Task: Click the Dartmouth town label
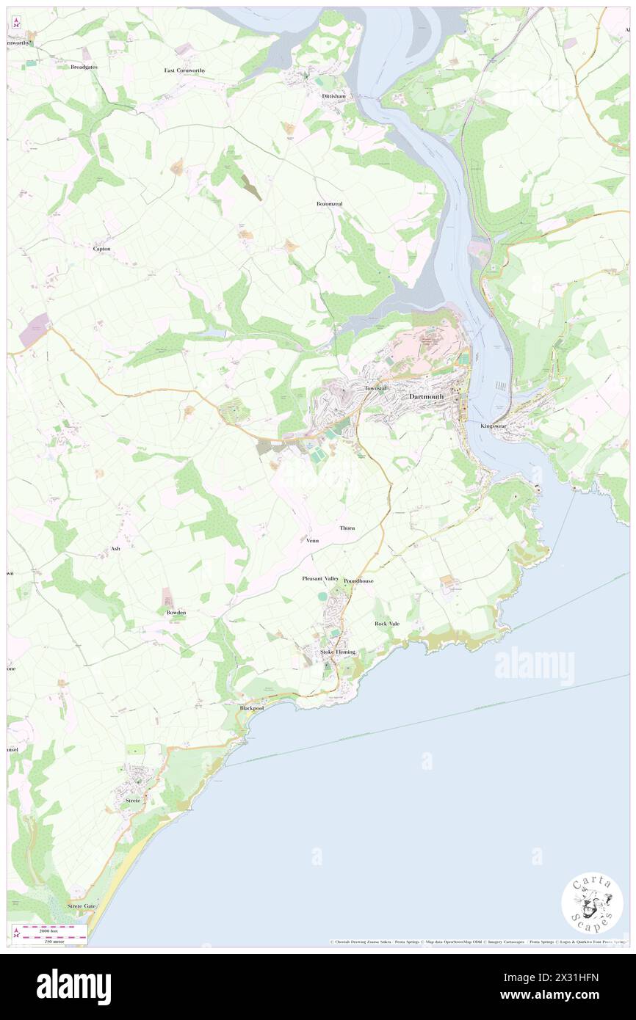pyautogui.click(x=425, y=396)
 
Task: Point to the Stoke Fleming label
pyautogui.click(x=337, y=652)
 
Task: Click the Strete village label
pyautogui.click(x=133, y=801)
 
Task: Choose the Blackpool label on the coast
pyautogui.click(x=251, y=708)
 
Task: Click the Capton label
pyautogui.click(x=101, y=249)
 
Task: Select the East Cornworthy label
pyautogui.click(x=184, y=70)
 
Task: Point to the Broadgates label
pyautogui.click(x=84, y=67)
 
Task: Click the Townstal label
pyautogui.click(x=375, y=387)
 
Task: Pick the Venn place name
pyautogui.click(x=312, y=540)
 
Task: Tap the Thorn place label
pyautogui.click(x=347, y=528)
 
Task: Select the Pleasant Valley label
pyautogui.click(x=321, y=579)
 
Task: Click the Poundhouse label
pyautogui.click(x=358, y=580)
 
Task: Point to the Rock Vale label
pyautogui.click(x=387, y=624)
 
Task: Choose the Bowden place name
pyautogui.click(x=176, y=612)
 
